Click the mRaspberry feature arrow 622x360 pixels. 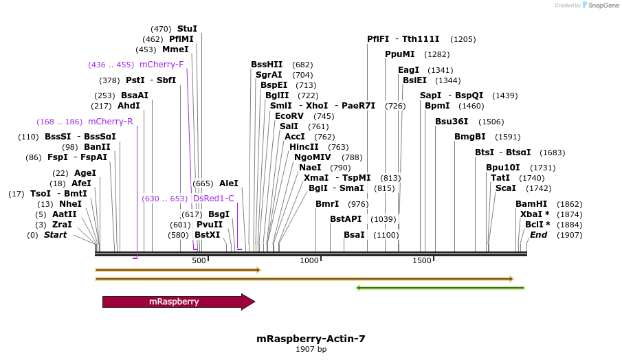tap(178, 302)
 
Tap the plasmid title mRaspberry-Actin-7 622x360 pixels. tap(311, 339)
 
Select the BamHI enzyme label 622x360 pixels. tap(531, 204)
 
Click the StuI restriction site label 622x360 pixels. tap(187, 29)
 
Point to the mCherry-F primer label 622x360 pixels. tap(162, 65)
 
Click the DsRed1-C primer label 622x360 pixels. tap(214, 199)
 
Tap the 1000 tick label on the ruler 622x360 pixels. tap(310, 260)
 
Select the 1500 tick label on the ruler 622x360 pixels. tap(421, 260)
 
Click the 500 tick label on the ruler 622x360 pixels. tap(199, 260)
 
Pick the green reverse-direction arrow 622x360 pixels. tap(440, 288)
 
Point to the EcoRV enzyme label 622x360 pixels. tap(289, 116)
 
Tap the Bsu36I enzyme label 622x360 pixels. tap(451, 122)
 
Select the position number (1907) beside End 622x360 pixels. tap(569, 235)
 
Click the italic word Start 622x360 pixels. tap(56, 235)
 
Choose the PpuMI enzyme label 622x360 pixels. tap(399, 54)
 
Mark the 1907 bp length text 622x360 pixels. tap(311, 350)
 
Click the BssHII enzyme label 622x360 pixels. tap(267, 65)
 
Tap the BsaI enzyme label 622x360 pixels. tap(354, 235)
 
